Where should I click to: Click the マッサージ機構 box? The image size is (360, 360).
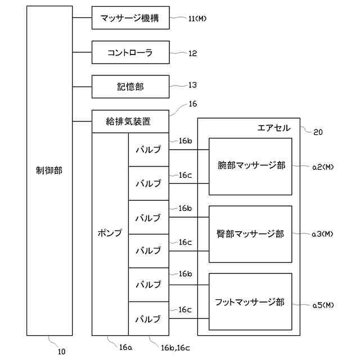point(130,19)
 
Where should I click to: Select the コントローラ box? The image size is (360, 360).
point(130,53)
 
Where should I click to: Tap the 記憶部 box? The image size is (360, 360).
point(130,86)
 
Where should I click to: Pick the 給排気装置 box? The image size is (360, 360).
point(130,121)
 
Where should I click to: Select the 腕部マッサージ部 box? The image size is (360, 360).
point(250,166)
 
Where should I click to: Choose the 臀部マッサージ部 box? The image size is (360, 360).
point(250,233)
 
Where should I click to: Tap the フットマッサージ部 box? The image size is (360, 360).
point(250,301)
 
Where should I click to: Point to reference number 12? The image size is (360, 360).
point(192,53)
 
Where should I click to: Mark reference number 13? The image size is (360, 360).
point(192,85)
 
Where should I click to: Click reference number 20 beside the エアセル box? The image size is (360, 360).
point(318,132)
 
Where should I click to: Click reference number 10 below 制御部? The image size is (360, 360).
point(61,352)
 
